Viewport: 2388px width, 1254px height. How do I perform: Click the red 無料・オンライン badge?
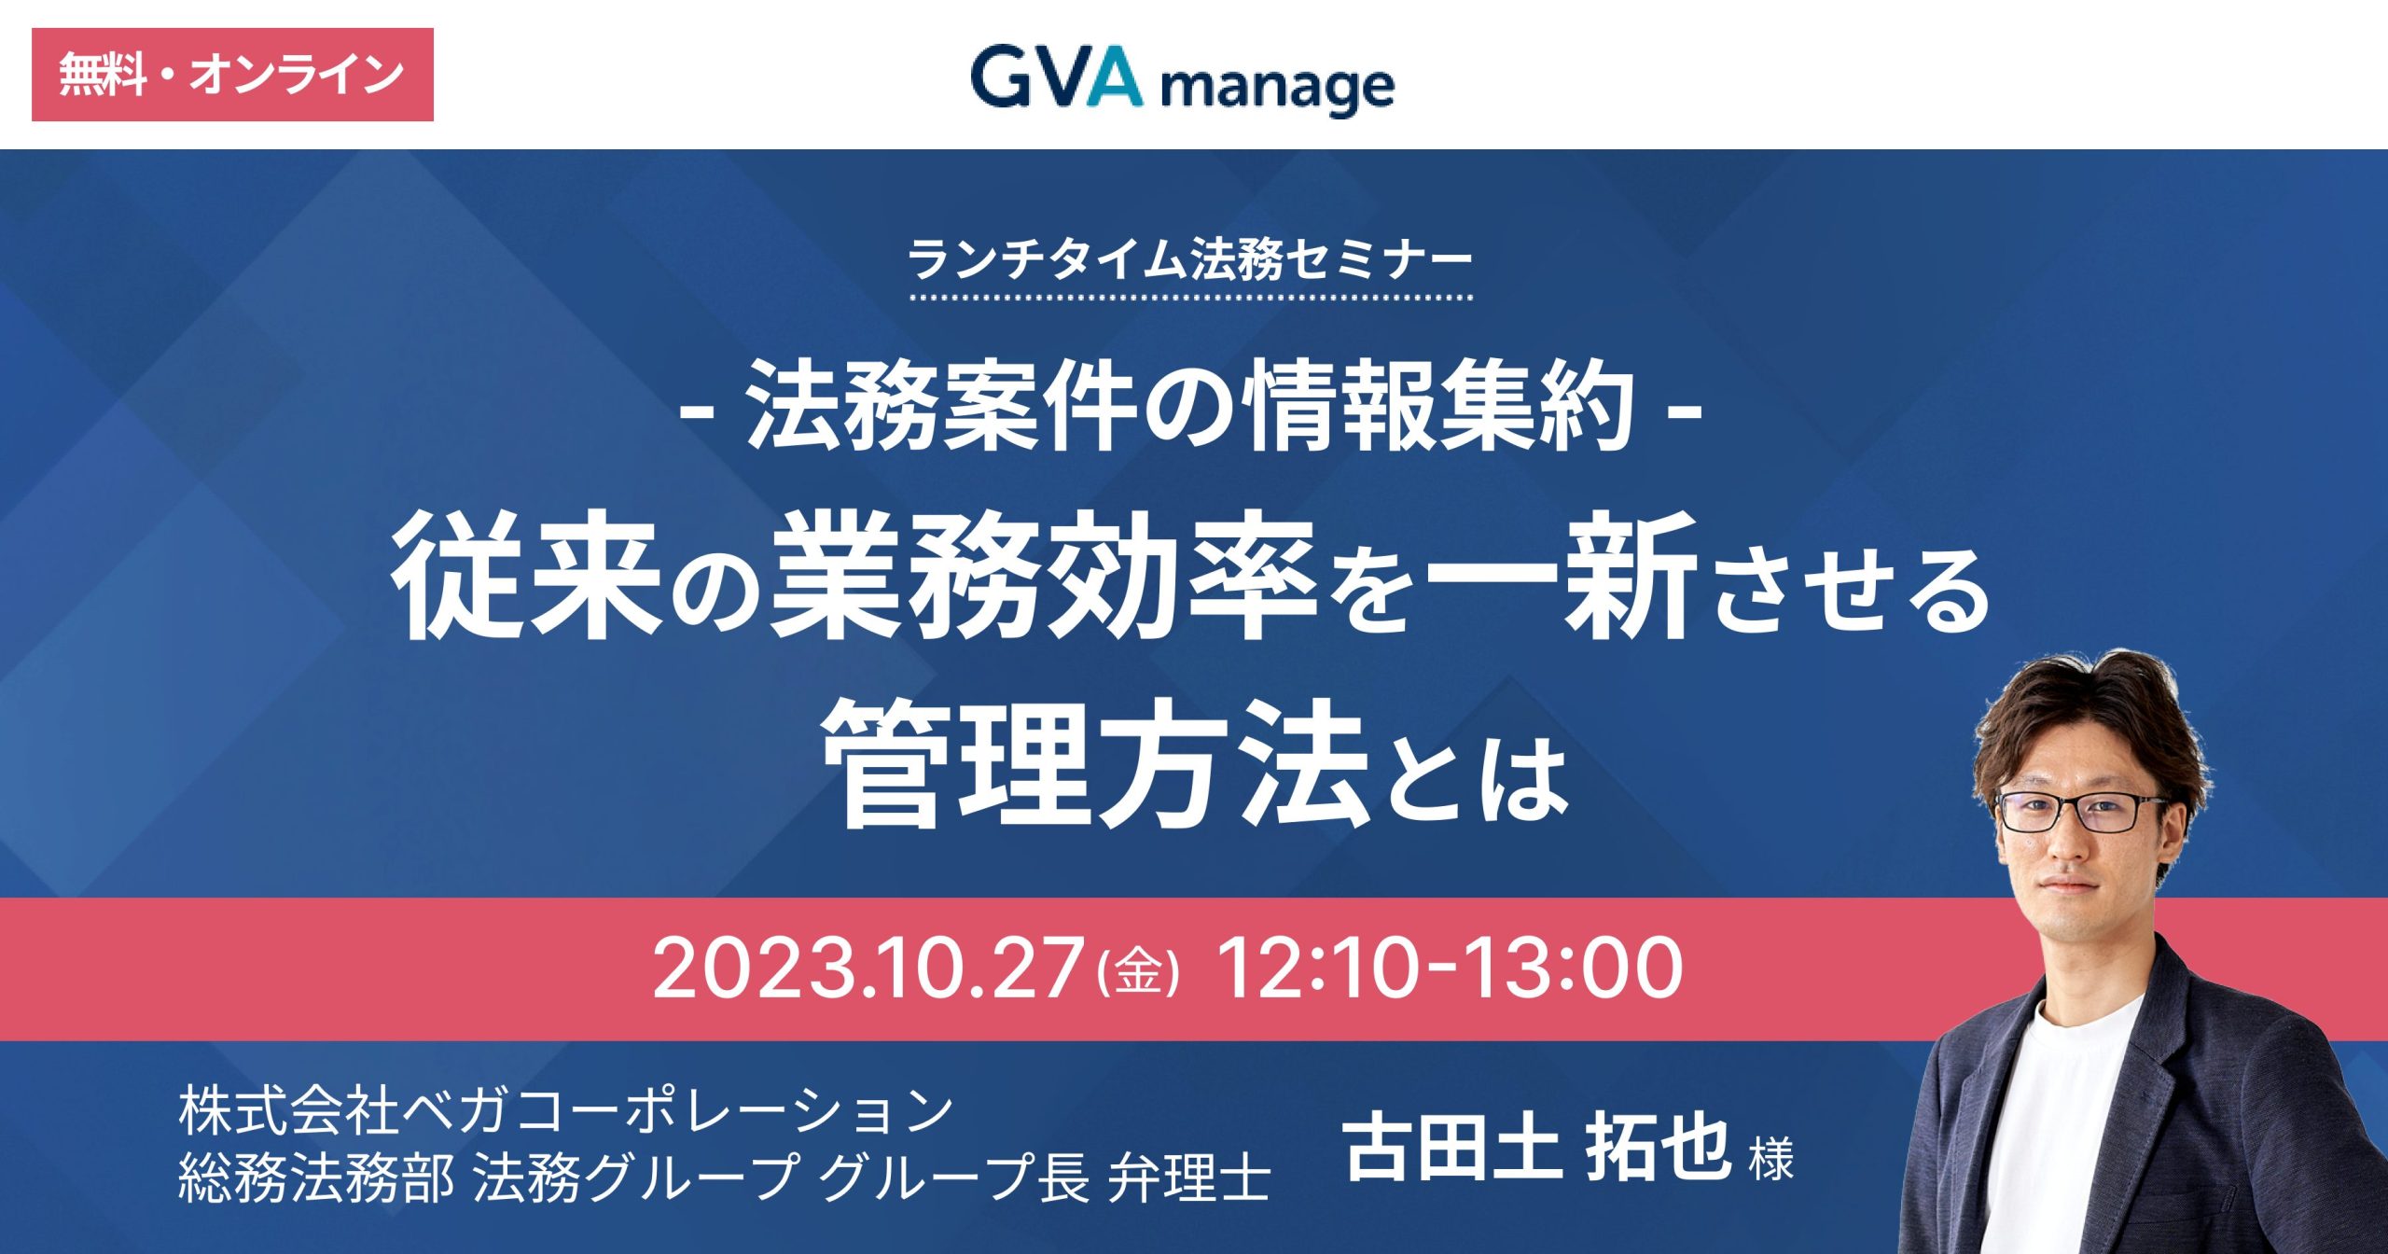[232, 75]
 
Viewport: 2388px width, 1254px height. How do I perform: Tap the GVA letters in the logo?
[1056, 77]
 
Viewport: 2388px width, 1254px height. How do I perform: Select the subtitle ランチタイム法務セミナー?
[1190, 259]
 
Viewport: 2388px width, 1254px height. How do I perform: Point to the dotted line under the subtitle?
[1191, 299]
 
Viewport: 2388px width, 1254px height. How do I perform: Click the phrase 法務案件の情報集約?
[1190, 407]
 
